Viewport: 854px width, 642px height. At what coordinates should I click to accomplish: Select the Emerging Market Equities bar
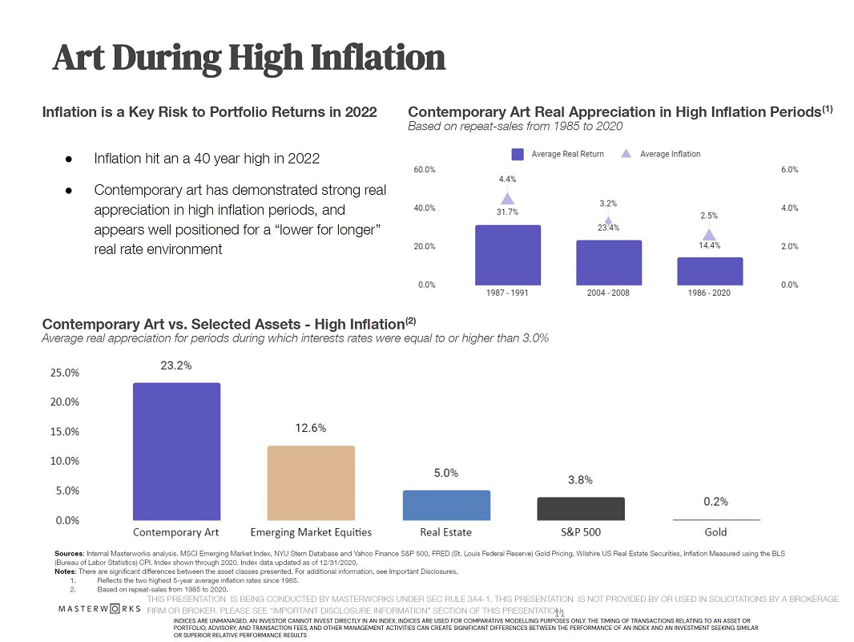coord(311,483)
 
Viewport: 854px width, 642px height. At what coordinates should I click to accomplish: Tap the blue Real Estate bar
coord(446,505)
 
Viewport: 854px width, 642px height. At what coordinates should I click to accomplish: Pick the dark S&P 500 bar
coord(581,508)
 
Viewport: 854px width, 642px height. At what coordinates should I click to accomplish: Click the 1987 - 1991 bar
coord(507,255)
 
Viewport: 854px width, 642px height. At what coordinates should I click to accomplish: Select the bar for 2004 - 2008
coord(608,262)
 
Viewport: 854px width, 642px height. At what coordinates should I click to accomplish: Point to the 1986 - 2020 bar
coord(710,271)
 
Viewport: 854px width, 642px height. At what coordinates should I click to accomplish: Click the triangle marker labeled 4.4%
coord(507,199)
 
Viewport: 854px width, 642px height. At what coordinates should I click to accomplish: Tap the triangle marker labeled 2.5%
coord(709,235)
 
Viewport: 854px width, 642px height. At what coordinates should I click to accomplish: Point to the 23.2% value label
coord(176,365)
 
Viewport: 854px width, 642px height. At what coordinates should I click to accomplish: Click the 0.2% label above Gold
coord(715,502)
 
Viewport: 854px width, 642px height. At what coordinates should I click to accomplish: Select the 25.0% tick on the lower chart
coord(65,373)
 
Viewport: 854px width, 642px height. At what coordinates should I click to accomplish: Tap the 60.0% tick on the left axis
coord(425,170)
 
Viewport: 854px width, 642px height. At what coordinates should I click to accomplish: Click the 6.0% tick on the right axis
coord(789,170)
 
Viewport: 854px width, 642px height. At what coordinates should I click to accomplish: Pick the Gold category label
coord(715,532)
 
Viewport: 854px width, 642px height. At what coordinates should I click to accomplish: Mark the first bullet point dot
coord(70,159)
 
